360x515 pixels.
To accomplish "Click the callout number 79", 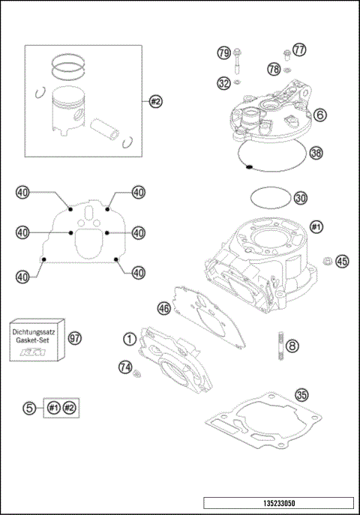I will tap(223, 53).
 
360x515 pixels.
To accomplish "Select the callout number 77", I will tap(299, 50).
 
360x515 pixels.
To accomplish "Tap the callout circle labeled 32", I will tap(223, 83).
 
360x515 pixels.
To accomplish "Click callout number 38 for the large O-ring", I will tap(316, 152).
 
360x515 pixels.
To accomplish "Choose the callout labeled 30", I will tap(300, 199).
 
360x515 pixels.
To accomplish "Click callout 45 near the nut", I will tap(342, 261).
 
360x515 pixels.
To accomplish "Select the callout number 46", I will tap(163, 307).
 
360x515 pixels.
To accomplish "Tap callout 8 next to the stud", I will tap(292, 346).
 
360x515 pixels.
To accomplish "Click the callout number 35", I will tap(301, 395).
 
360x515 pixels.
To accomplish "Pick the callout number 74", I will tap(125, 366).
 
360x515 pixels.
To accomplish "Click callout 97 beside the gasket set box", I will tap(74, 338).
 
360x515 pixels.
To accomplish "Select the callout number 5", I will tap(29, 408).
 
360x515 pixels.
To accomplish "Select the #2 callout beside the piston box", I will tap(155, 100).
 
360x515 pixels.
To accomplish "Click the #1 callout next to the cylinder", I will tap(316, 226).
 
